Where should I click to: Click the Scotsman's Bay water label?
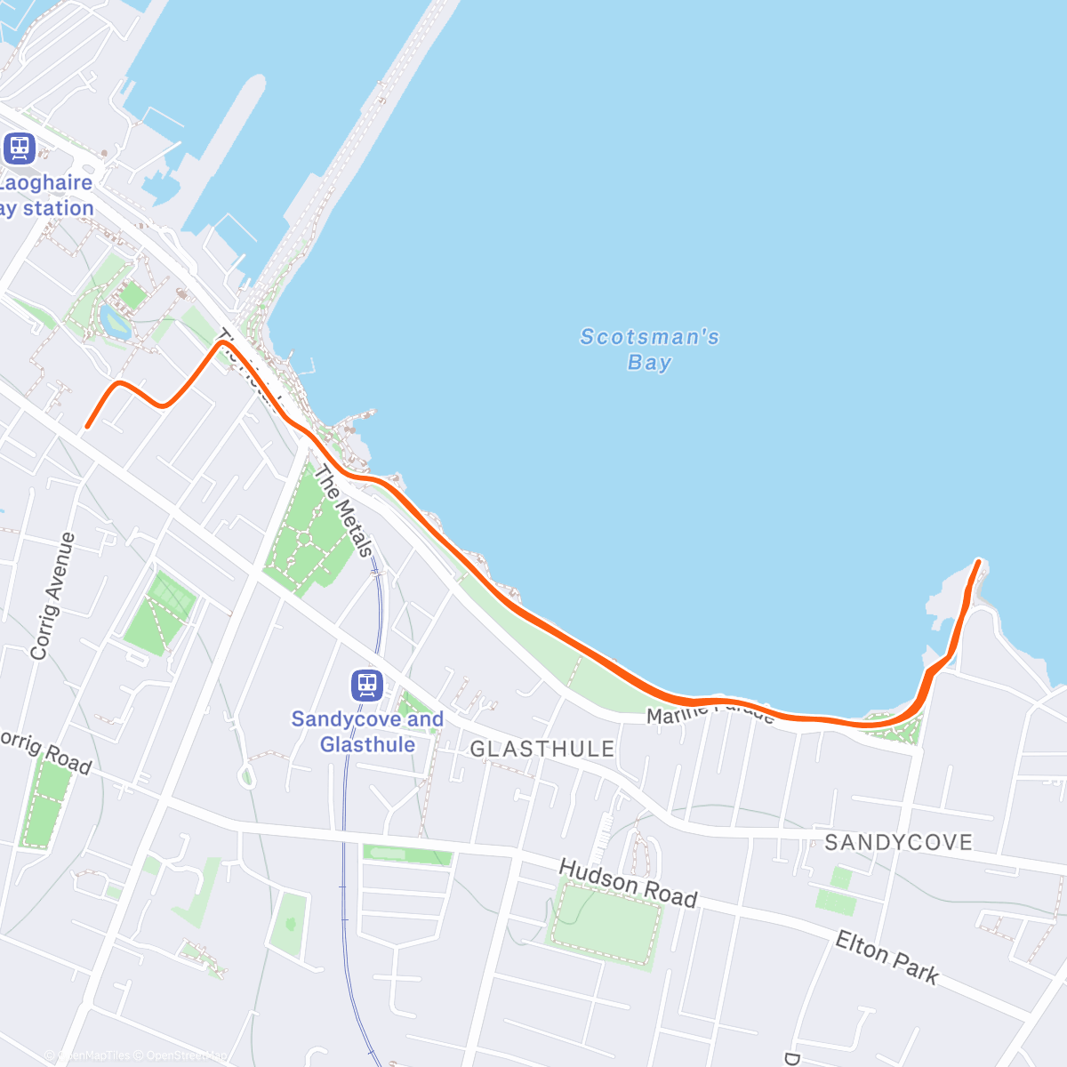[649, 349]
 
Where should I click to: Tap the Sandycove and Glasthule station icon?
[366, 686]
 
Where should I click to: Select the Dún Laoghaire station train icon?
[19, 148]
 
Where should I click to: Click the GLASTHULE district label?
[542, 749]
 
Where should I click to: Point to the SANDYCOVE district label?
[898, 842]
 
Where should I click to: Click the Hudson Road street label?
[628, 884]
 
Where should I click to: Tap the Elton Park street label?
[886, 958]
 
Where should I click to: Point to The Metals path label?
[342, 513]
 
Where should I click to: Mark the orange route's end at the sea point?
[978, 561]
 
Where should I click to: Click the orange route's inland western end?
[87, 427]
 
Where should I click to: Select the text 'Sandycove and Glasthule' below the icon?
[367, 731]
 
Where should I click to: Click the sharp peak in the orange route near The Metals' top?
[220, 342]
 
